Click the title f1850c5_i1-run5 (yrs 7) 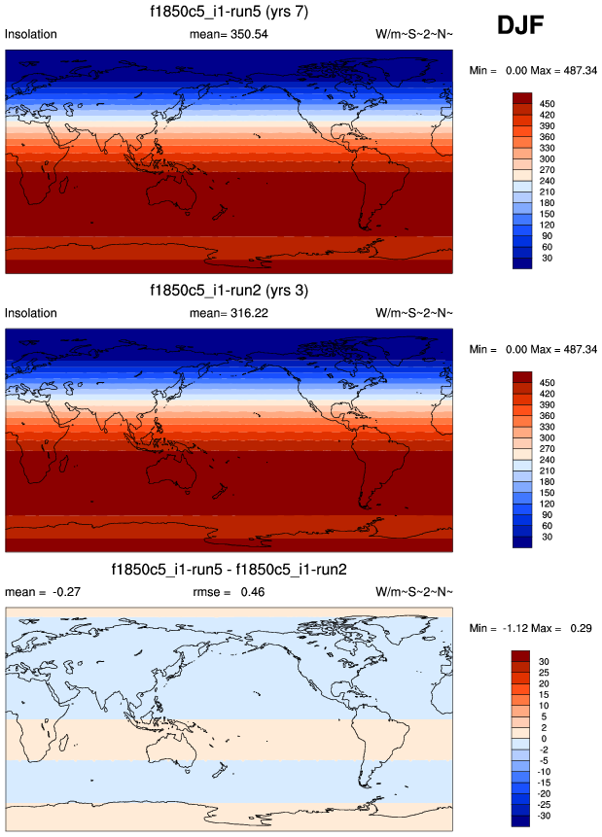click(x=229, y=12)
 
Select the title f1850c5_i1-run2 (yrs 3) click(x=229, y=291)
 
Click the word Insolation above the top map click(x=31, y=34)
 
